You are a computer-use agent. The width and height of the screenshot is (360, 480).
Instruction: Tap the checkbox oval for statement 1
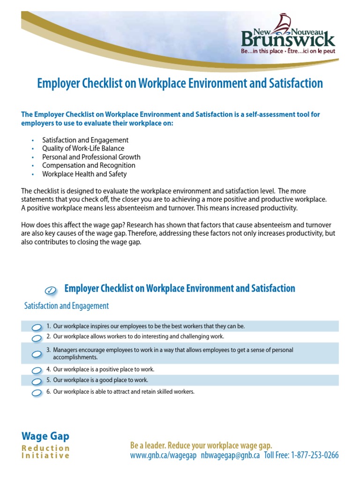(37, 327)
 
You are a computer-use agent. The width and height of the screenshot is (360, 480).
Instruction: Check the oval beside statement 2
(37, 337)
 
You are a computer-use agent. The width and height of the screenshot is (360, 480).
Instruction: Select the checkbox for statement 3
(37, 354)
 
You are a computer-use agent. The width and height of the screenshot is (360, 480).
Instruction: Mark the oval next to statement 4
(37, 370)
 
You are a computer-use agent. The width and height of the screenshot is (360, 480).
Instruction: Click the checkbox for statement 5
(37, 381)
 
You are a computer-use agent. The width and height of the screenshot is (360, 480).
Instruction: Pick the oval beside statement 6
(37, 392)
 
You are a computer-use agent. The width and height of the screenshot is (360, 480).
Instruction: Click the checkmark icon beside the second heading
(52, 290)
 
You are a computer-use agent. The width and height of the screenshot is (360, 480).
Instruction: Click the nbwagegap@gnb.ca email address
(230, 455)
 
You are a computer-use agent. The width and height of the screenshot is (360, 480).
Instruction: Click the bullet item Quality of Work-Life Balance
(83, 149)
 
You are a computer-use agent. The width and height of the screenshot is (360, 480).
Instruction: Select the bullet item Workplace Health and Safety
(84, 174)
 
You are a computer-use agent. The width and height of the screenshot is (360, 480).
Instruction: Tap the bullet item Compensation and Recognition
(89, 165)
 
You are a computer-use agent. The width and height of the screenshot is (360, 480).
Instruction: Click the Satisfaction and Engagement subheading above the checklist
(67, 306)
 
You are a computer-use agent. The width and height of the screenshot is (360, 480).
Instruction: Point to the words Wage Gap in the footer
(45, 436)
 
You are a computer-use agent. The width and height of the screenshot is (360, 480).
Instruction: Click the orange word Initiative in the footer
(45, 456)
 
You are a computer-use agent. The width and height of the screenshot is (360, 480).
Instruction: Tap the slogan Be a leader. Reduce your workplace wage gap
(201, 445)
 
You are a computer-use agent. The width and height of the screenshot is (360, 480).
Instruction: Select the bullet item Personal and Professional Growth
(91, 157)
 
